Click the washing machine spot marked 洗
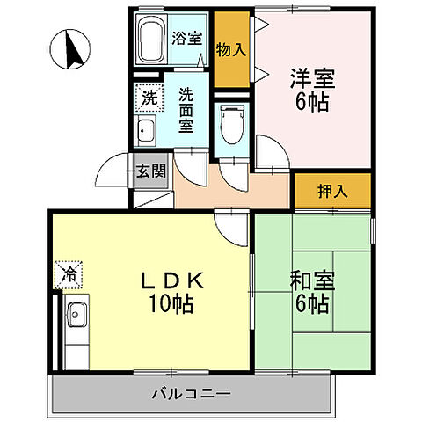[149, 98]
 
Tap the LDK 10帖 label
[172, 293]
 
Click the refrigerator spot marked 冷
[68, 274]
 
